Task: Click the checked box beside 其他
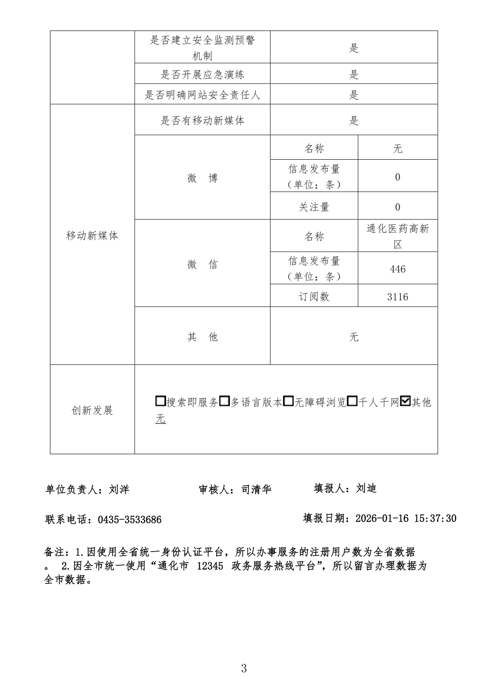405,401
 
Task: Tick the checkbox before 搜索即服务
160,401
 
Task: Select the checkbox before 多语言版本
225,401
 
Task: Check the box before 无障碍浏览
288,401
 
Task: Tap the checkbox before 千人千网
352,401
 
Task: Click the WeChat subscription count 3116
397,297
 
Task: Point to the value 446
397,269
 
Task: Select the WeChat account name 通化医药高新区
397,236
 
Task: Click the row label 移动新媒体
92,235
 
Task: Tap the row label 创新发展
92,410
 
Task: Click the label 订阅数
314,296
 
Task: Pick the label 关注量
314,207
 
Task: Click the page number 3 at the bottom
244,668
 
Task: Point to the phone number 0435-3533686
129,520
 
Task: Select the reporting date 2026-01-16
382,518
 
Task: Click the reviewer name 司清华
256,489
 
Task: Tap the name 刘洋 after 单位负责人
119,489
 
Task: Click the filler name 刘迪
366,488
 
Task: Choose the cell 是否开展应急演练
202,74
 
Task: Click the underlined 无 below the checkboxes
160,418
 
